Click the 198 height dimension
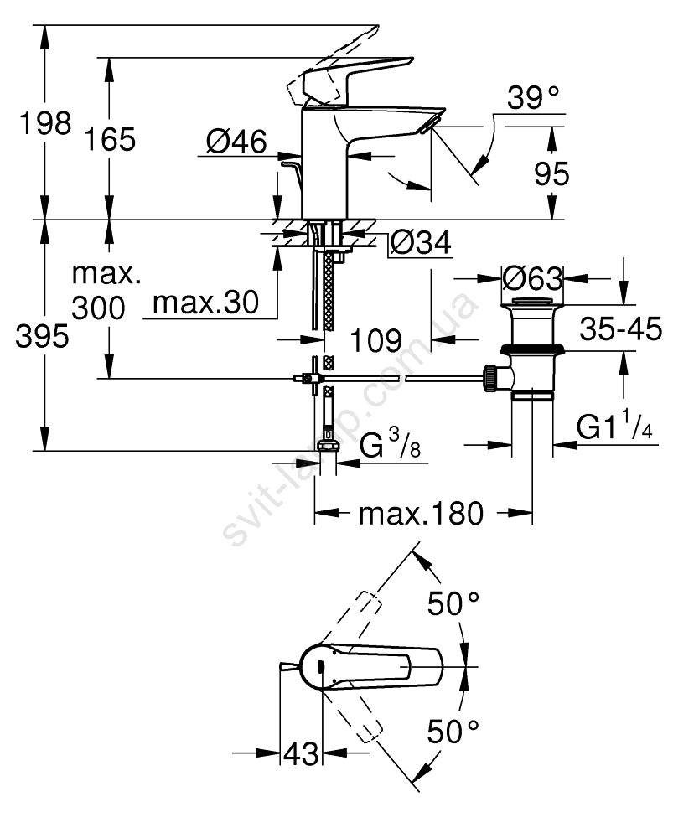coord(48,124)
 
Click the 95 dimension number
coord(551,173)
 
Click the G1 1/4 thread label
coord(614,428)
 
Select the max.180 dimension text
coord(421,513)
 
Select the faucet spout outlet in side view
coord(430,125)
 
